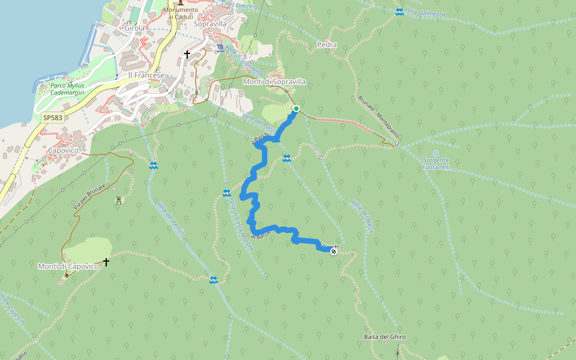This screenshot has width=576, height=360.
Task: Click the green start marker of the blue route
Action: pyautogui.click(x=296, y=109)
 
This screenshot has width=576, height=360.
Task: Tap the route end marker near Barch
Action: pyautogui.click(x=334, y=251)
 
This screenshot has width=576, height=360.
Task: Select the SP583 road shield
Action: pyautogui.click(x=52, y=118)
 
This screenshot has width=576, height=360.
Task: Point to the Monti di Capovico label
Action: pyautogui.click(x=68, y=266)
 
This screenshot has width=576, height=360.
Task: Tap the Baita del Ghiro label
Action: pyautogui.click(x=385, y=337)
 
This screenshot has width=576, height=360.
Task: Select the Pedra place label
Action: pyautogui.click(x=326, y=45)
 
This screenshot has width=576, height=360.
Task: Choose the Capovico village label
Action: pyautogui.click(x=64, y=150)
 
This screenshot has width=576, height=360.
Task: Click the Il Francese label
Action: pyautogui.click(x=146, y=75)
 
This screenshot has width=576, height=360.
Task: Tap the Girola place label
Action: pyautogui.click(x=136, y=28)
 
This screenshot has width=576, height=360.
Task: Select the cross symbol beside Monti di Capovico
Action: pyautogui.click(x=106, y=262)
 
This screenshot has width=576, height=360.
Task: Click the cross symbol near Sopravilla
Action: pyautogui.click(x=187, y=55)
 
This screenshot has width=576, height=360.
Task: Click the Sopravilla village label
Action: pyautogui.click(x=210, y=24)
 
